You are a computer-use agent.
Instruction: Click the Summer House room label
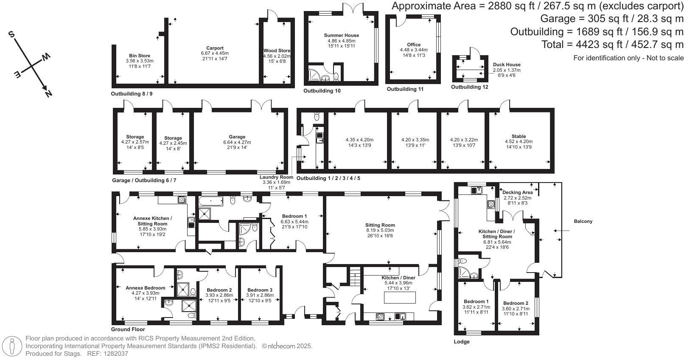pos(341,35)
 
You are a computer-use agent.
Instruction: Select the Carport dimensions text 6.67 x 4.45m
pos(215,53)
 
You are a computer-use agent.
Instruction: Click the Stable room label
pos(519,137)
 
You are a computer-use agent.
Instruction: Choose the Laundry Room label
pos(276,177)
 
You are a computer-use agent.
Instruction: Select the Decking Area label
pos(518,192)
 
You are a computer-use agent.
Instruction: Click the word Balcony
pos(583,221)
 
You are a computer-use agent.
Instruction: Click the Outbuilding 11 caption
pos(405,89)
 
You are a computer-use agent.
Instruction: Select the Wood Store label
pos(277,51)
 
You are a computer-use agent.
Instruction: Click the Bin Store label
pos(140,56)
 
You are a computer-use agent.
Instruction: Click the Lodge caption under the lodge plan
pos(462,342)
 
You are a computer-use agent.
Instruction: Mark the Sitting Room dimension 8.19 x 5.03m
pos(380,231)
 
